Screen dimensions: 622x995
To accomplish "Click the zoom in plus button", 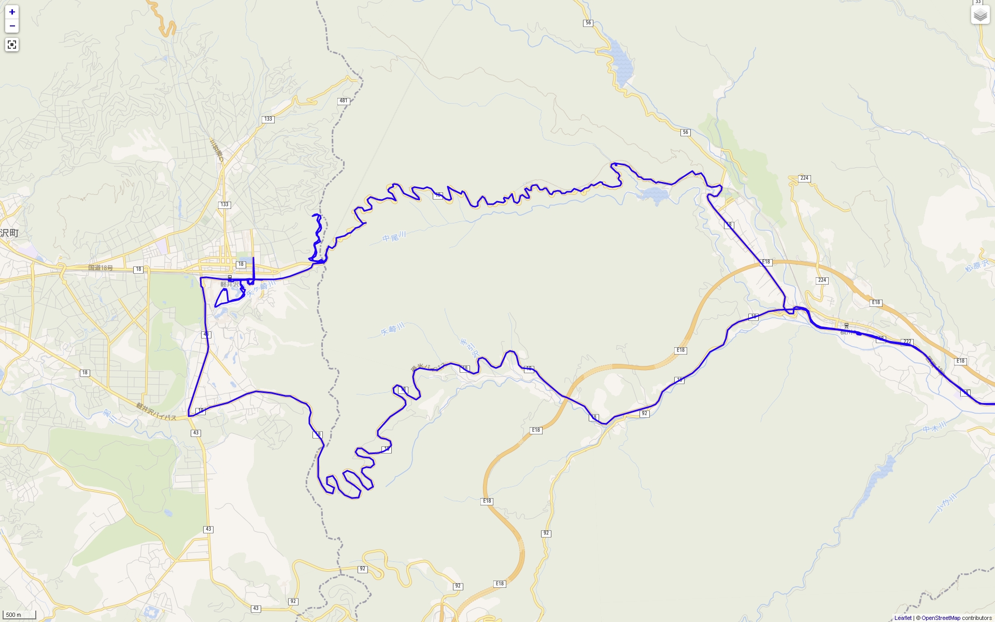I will point(12,12).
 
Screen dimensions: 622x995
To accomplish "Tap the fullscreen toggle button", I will point(12,45).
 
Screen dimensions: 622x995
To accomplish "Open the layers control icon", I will point(980,15).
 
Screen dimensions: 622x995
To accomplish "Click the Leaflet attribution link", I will point(903,618).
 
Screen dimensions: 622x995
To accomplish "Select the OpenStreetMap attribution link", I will point(941,618).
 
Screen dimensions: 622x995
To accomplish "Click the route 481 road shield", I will point(344,101).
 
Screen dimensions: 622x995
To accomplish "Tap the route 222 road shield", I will point(907,342).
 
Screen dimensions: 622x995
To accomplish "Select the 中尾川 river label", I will point(394,237).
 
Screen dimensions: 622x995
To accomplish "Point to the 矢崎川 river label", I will point(392,329).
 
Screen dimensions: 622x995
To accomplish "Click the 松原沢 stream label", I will point(977,266).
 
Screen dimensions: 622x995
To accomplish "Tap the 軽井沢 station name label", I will point(230,285).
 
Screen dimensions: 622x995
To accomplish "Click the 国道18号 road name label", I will point(101,268).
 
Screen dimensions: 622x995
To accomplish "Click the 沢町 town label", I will point(9,233).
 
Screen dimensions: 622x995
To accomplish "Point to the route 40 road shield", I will point(206,335).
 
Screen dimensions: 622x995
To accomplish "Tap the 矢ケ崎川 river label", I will point(260,289).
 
